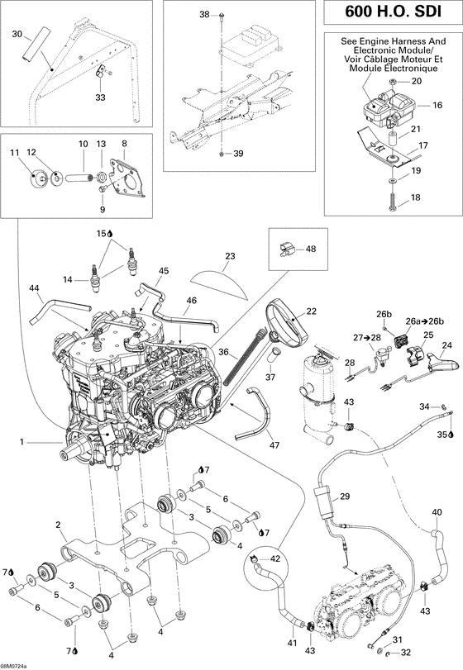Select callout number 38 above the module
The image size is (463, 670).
point(205,15)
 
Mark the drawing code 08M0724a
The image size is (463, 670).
point(14,665)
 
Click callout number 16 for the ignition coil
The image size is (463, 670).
point(437,106)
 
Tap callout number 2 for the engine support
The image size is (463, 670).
point(58,525)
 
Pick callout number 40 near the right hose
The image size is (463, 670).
point(437,512)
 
